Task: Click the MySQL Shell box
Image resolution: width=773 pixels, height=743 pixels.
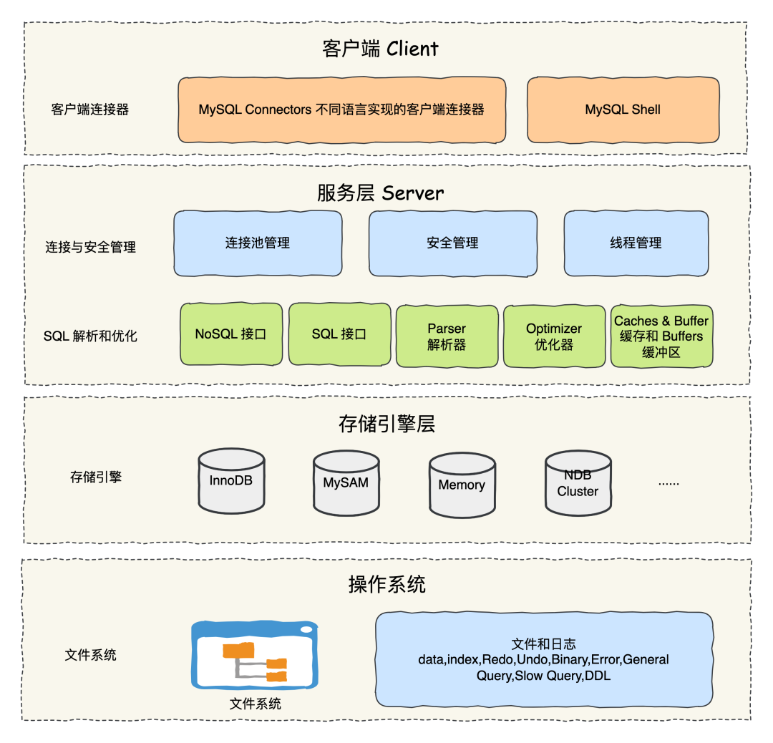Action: (x=623, y=110)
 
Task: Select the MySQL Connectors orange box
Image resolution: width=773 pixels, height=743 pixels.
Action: (x=341, y=110)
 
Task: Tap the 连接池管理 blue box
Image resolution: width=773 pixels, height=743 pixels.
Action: (x=258, y=243)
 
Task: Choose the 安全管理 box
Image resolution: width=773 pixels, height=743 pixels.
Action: (x=452, y=243)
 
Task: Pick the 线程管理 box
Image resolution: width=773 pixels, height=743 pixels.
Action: (x=636, y=243)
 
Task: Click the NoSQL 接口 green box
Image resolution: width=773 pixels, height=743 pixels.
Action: (x=230, y=334)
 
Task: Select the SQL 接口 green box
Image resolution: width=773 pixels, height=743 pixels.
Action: (x=339, y=334)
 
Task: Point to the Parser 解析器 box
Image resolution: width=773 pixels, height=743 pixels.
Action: (x=447, y=336)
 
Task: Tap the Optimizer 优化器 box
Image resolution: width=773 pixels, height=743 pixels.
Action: (x=554, y=336)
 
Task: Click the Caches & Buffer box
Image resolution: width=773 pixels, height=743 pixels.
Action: (x=661, y=336)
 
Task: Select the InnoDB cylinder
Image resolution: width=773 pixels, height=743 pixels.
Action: (x=230, y=482)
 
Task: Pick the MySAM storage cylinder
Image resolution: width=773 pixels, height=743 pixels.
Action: (x=346, y=484)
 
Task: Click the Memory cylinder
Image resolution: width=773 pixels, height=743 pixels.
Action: (x=462, y=486)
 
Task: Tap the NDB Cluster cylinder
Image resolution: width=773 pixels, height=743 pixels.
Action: (x=578, y=484)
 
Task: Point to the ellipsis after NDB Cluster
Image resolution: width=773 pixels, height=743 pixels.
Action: (x=669, y=483)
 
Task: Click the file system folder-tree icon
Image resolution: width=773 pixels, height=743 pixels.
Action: (x=255, y=655)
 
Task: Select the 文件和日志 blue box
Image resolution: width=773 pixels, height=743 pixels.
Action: (x=544, y=659)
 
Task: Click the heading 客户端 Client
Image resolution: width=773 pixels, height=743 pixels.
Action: (x=380, y=49)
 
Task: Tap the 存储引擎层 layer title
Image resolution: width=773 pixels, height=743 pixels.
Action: (x=386, y=424)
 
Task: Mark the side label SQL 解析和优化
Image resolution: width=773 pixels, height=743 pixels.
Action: (x=90, y=336)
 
